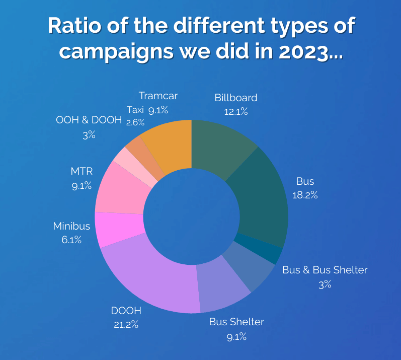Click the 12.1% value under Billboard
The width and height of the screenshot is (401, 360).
click(235, 111)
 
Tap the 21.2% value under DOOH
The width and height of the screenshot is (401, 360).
click(126, 324)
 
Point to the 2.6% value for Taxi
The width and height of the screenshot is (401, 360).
click(136, 122)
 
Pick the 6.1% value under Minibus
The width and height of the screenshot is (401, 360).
click(71, 240)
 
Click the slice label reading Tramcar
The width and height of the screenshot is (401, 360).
click(158, 96)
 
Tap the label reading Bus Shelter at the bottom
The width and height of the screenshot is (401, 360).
click(236, 322)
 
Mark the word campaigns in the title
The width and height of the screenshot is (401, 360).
click(116, 51)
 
